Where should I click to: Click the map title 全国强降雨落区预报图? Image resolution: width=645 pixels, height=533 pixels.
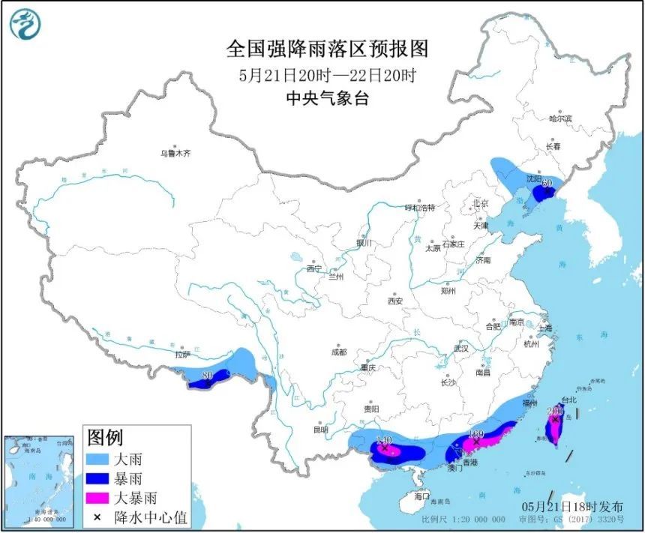(x=328, y=49)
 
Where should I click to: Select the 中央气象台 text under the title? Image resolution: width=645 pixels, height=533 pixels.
(x=328, y=98)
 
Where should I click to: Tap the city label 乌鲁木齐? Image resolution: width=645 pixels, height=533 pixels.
(x=175, y=153)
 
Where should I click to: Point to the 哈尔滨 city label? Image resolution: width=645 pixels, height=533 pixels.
(x=559, y=118)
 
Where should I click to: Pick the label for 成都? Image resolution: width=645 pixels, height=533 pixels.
(x=338, y=352)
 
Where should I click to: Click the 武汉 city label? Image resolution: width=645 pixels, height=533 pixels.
(x=461, y=349)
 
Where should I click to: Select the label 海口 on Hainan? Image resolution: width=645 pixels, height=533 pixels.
(x=422, y=496)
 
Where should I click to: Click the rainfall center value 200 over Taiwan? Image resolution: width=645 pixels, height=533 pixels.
(x=555, y=411)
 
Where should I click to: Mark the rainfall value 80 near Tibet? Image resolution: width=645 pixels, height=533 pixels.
(x=209, y=375)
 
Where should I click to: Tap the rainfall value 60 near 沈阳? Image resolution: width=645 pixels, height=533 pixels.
(x=547, y=183)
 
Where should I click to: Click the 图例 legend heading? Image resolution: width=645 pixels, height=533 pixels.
(x=105, y=437)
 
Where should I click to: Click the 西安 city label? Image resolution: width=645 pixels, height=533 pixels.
(x=395, y=301)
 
